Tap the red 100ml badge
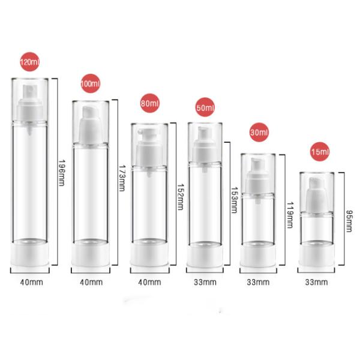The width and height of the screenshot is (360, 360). point(91,84)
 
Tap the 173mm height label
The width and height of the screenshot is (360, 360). point(121,180)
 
